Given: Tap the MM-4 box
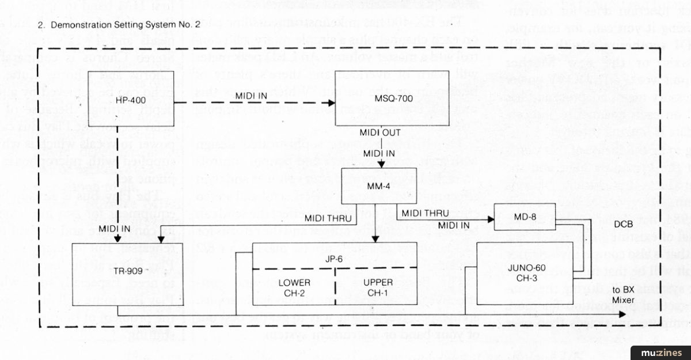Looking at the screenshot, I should click(378, 186).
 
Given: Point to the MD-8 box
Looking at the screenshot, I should click(524, 217).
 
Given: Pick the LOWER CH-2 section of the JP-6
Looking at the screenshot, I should click(294, 287).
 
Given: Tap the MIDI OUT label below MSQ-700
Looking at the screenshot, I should click(381, 133).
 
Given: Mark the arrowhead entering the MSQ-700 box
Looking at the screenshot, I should click(331, 104).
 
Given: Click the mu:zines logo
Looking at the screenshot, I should click(659, 352).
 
